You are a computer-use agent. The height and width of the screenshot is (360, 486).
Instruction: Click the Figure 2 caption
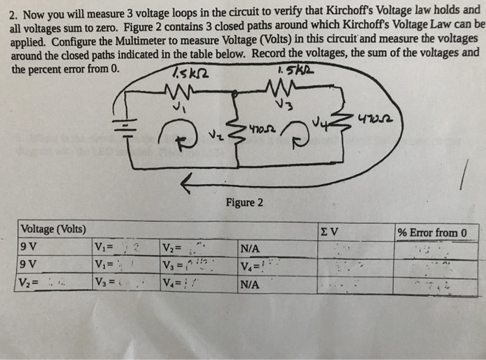pos(244,203)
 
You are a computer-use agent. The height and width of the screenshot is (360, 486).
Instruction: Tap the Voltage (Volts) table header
pos(54,229)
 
